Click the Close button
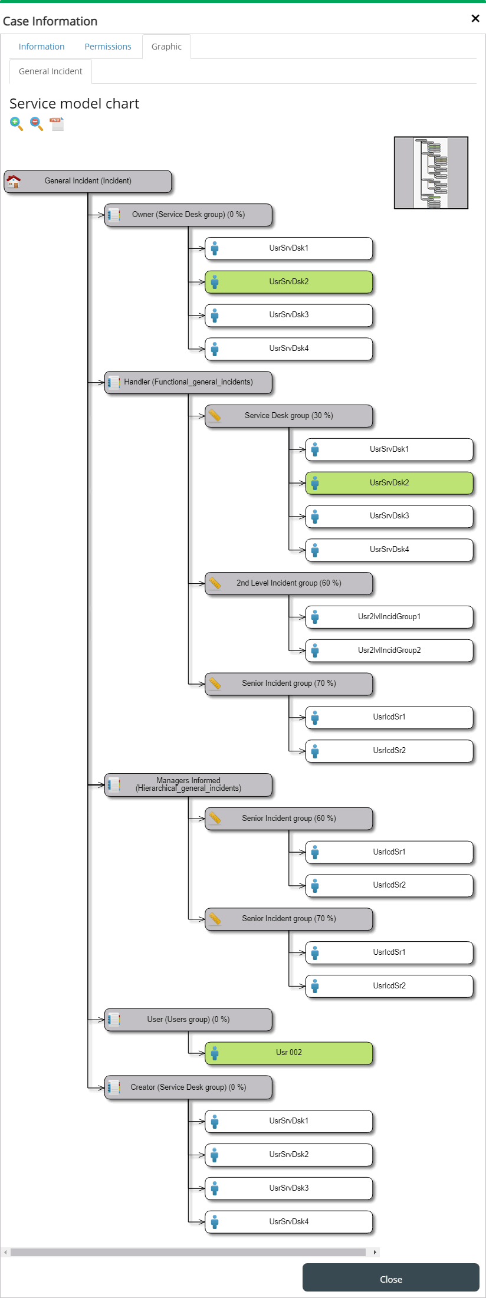click(390, 1279)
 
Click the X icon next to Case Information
click(475, 18)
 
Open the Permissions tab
click(108, 47)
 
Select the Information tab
click(41, 47)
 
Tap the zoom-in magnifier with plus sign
click(17, 124)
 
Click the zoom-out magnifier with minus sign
click(37, 124)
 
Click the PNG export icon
click(57, 124)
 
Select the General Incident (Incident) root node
click(88, 181)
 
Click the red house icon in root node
click(14, 181)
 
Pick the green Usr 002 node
click(289, 1053)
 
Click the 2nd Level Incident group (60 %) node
click(289, 583)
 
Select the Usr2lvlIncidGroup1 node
click(389, 617)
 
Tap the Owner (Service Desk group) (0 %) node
click(188, 215)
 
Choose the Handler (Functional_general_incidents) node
click(188, 382)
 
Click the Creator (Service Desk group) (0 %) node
click(188, 1087)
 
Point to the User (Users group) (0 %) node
click(188, 1020)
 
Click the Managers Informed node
click(188, 785)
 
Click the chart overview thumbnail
click(431, 173)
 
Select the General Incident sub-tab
click(51, 71)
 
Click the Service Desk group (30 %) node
click(289, 416)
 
